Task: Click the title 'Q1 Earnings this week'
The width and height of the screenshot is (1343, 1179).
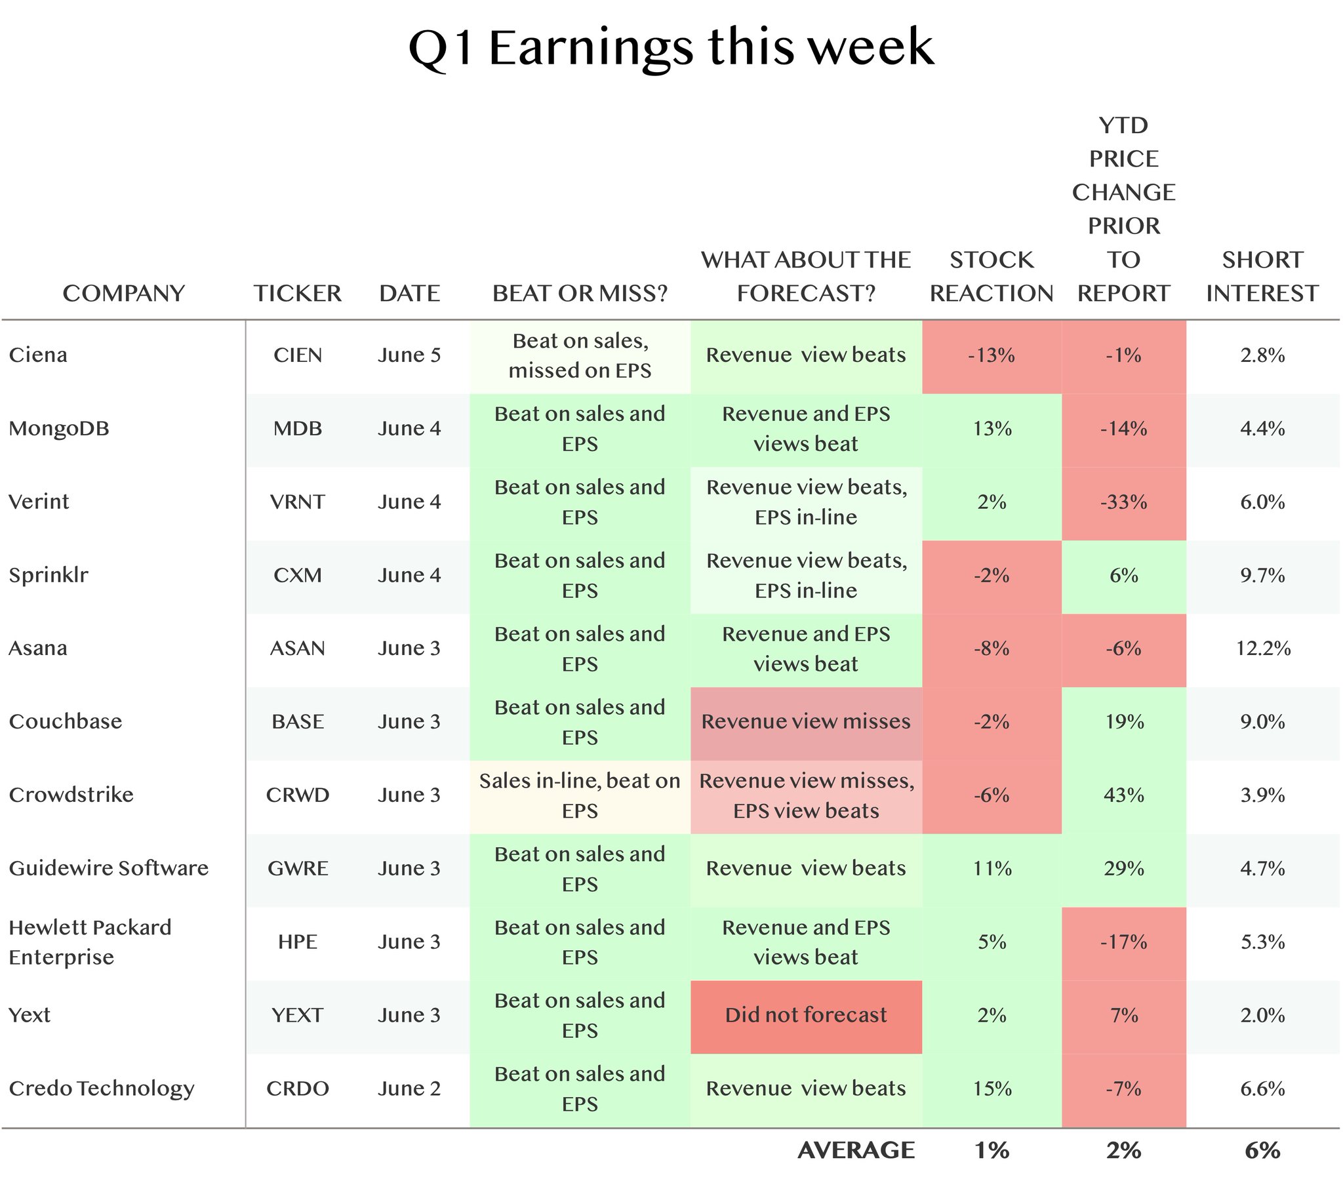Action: click(x=671, y=48)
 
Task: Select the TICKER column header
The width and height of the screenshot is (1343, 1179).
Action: click(x=298, y=293)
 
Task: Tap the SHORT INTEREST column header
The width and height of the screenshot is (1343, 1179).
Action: click(x=1262, y=276)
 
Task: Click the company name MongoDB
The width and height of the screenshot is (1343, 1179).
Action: click(x=59, y=428)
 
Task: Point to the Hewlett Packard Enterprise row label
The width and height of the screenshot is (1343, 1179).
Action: click(x=90, y=942)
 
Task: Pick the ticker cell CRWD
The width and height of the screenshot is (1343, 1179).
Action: click(x=298, y=795)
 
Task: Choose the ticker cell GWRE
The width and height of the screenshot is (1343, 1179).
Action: click(x=298, y=868)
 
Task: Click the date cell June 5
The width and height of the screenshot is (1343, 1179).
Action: click(x=409, y=355)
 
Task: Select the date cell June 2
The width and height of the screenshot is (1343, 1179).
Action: click(x=409, y=1089)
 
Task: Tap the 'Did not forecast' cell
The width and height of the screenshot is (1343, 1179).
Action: click(x=806, y=1015)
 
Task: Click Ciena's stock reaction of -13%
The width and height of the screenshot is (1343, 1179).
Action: click(x=992, y=355)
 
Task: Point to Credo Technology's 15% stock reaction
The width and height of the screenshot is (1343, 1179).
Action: click(x=992, y=1089)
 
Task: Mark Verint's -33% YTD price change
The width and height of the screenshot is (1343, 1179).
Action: click(x=1123, y=502)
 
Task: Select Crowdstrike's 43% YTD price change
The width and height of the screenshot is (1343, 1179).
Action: click(x=1124, y=795)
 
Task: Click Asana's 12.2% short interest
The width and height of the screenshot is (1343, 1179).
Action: click(x=1263, y=649)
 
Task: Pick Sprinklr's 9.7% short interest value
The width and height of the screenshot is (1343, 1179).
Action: click(x=1263, y=576)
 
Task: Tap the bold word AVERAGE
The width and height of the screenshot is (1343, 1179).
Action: click(x=856, y=1150)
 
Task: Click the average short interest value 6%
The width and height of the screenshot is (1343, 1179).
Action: click(x=1262, y=1150)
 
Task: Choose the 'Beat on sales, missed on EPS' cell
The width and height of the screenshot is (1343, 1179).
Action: click(x=580, y=355)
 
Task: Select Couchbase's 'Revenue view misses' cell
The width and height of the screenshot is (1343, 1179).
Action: click(x=806, y=721)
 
